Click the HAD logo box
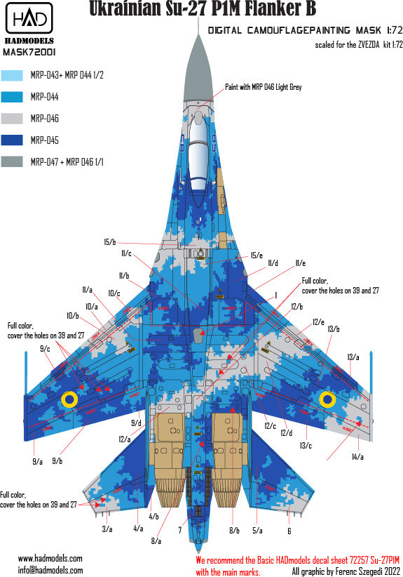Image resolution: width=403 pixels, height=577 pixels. tap(29, 18)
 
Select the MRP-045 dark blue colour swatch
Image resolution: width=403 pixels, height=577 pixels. tap(12, 140)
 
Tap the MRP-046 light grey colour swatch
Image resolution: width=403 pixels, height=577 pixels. tap(12, 119)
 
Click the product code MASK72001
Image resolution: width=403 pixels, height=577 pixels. tap(29, 52)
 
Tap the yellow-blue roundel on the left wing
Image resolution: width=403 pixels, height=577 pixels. tap(69, 399)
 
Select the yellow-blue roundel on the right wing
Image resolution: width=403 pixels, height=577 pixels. tap(327, 399)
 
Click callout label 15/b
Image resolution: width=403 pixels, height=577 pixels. tap(109, 242)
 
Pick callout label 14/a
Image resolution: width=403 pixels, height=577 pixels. tap(357, 457)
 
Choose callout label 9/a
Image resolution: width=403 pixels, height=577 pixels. tap(37, 461)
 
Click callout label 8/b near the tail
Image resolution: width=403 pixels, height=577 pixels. tap(234, 530)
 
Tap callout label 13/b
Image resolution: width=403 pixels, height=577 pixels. tap(334, 329)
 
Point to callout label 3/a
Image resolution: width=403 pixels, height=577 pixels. tap(107, 529)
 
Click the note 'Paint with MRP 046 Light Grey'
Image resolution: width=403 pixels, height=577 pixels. tap(263, 87)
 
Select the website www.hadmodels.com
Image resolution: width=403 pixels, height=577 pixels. tap(50, 558)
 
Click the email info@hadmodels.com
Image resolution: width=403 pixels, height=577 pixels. tap(50, 570)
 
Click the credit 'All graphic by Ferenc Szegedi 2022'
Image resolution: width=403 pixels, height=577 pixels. tap(346, 571)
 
